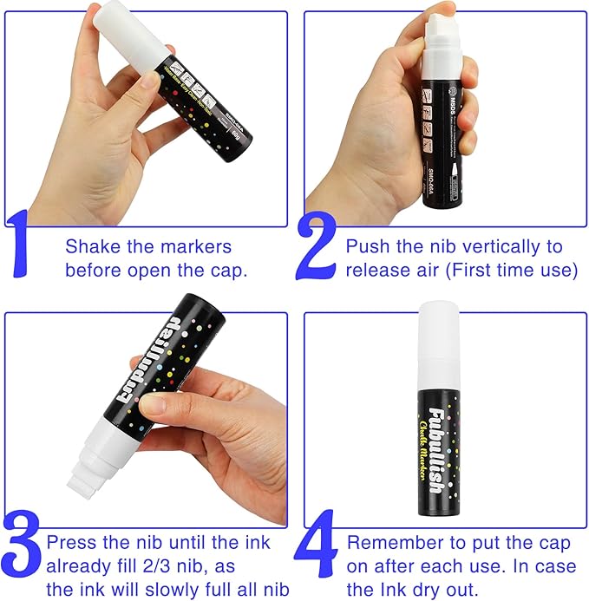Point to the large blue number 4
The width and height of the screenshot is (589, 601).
317,555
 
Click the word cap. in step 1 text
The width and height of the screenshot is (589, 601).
226,270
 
